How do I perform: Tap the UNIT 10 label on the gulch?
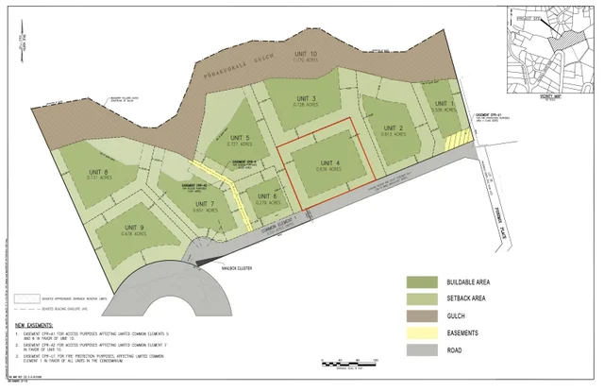click(x=306, y=54)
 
